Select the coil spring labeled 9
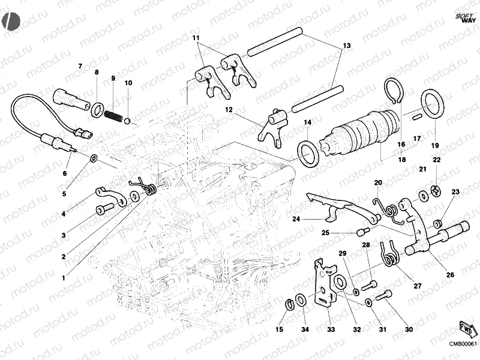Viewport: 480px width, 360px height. click(113, 114)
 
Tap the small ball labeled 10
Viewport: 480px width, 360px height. click(127, 121)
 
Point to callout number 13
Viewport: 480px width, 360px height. click(346, 46)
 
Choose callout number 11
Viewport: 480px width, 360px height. click(196, 38)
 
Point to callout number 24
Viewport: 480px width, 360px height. click(296, 220)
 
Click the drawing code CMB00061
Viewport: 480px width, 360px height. click(463, 344)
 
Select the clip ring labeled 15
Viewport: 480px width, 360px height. click(289, 303)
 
